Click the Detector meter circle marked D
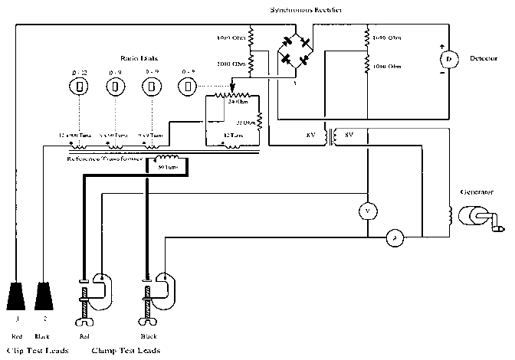tap(448, 59)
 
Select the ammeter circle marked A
tap(395, 239)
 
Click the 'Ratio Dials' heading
tap(140, 58)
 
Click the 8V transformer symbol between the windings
tap(330, 136)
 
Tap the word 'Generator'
tap(477, 191)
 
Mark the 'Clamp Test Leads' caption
tap(126, 351)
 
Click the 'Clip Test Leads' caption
tap(36, 351)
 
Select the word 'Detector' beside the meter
tap(482, 58)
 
